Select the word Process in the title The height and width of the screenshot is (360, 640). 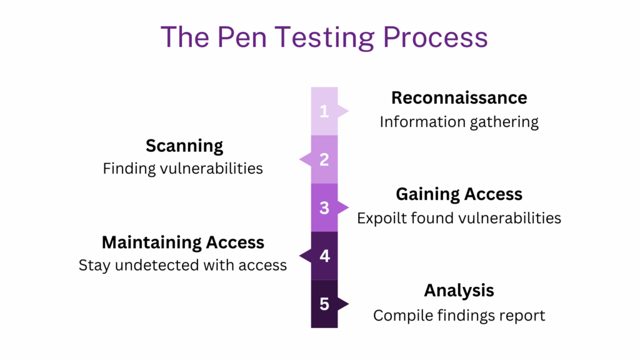[436, 37]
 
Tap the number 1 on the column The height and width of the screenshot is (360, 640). [324, 111]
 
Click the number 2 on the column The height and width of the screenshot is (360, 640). [324, 159]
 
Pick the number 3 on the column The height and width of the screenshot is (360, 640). [324, 207]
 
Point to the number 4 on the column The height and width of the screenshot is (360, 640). [324, 256]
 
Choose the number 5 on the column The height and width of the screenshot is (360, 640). [324, 304]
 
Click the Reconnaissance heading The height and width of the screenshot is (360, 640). [459, 98]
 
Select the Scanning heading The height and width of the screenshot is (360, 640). [184, 146]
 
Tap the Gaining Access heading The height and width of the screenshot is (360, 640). [459, 194]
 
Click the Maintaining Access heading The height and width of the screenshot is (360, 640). [183, 242]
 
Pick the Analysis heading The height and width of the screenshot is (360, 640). [459, 291]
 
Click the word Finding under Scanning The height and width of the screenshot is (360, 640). [129, 169]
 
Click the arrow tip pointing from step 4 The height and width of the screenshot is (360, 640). [302, 256]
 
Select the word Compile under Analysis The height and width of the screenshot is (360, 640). [401, 315]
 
